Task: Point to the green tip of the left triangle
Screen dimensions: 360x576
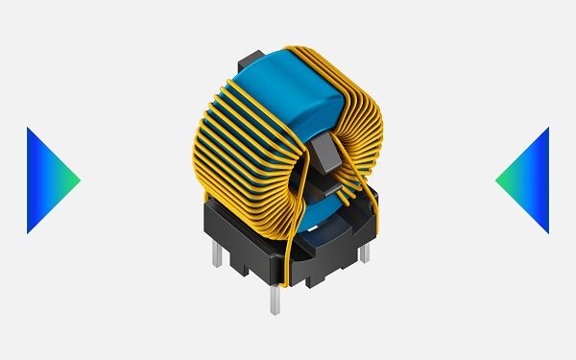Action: point(78,180)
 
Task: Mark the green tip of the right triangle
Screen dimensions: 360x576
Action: point(498,180)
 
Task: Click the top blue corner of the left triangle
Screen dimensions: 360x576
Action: point(29,129)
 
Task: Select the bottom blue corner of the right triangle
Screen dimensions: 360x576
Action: point(547,231)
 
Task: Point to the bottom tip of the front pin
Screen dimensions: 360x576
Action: point(276,315)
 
